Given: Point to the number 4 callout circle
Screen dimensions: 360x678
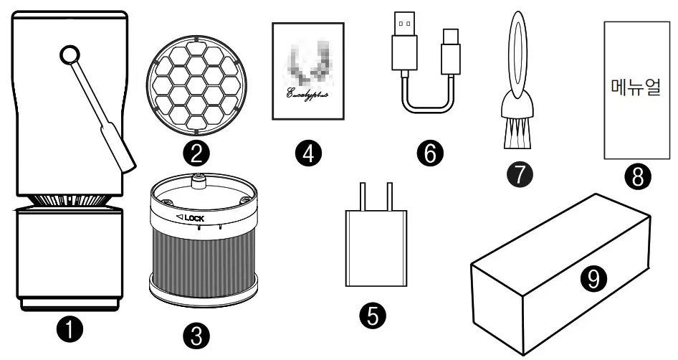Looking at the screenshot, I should click(309, 153).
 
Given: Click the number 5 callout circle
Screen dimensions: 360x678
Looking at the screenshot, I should click(375, 314).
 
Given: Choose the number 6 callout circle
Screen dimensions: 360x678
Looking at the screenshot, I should click(430, 152).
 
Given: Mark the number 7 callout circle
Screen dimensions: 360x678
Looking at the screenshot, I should click(520, 172).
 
